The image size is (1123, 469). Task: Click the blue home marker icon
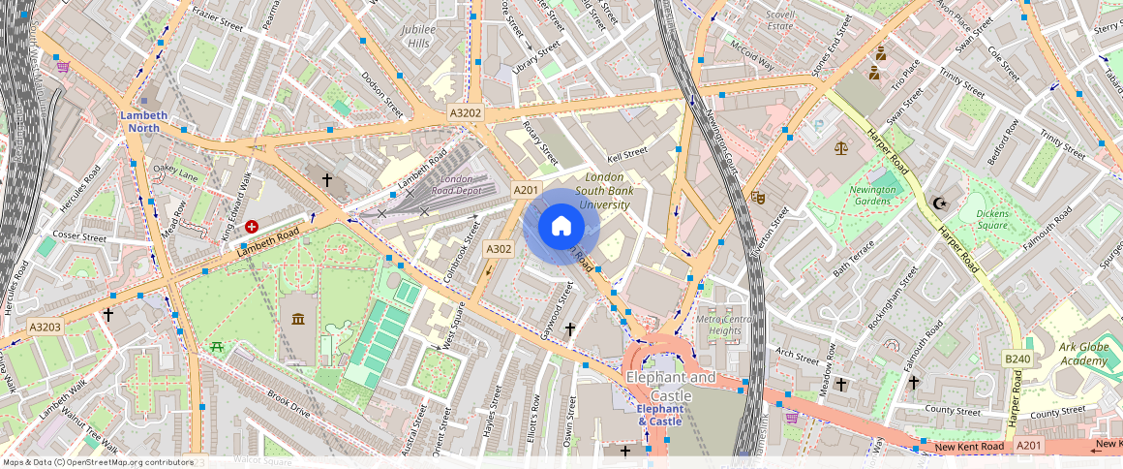point(561,227)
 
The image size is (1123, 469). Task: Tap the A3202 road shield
point(466,113)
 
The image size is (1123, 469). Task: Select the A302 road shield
point(499,249)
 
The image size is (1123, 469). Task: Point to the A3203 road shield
point(45,328)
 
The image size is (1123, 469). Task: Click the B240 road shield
point(1017,359)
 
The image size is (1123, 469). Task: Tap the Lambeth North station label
point(143,121)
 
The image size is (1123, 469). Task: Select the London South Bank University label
point(605,191)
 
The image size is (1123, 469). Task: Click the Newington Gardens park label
point(872,195)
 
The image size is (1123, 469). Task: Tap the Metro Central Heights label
point(724,325)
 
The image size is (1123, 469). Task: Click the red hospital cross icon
point(252,226)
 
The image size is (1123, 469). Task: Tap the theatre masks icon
point(758,197)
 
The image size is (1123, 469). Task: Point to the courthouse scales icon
point(839,148)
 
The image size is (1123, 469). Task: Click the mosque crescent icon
point(938,203)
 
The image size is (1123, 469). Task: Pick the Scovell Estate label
point(779,20)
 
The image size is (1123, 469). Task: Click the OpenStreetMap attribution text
point(97,462)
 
